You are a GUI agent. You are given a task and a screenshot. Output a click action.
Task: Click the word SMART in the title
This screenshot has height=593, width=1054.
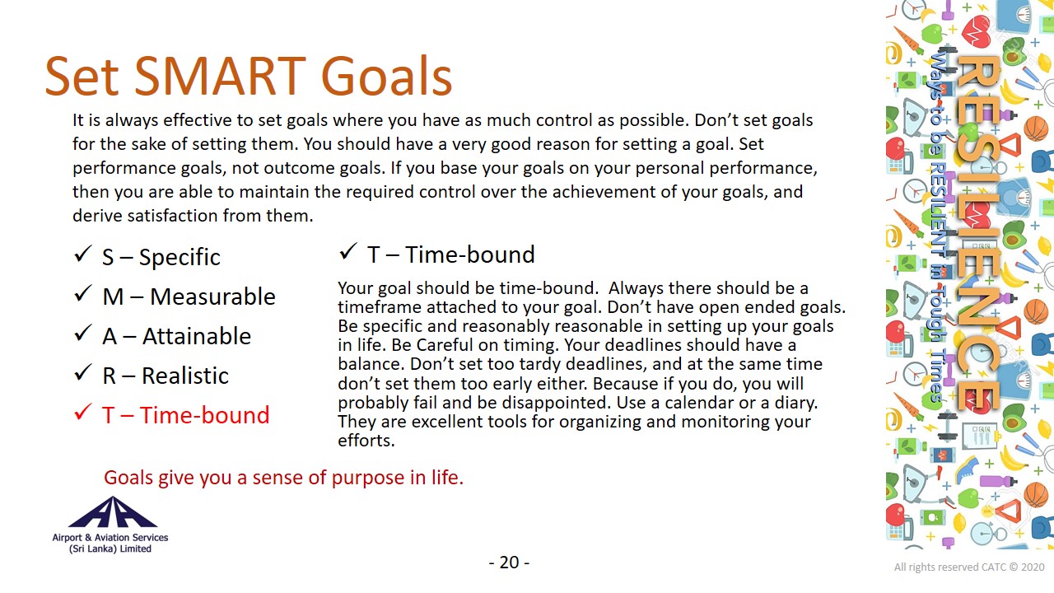[x=220, y=77]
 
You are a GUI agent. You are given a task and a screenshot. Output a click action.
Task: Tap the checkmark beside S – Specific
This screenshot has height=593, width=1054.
[x=82, y=254]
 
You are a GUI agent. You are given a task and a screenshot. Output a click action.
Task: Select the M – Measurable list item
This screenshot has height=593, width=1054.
[x=189, y=296]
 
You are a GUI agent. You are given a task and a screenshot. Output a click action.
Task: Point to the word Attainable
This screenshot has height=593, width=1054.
[x=197, y=336]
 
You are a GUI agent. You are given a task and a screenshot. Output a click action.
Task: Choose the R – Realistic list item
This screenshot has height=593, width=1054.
[x=166, y=376]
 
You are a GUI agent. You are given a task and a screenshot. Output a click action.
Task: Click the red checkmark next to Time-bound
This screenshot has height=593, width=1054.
[x=82, y=413]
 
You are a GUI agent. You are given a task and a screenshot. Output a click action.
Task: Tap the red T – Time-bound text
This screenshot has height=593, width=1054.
[x=186, y=415]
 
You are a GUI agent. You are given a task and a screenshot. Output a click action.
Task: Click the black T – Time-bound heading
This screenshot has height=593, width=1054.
[x=450, y=254]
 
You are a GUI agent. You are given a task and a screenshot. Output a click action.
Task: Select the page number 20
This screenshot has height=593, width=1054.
[x=509, y=563]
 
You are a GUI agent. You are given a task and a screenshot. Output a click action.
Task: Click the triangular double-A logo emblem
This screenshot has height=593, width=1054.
[x=112, y=512]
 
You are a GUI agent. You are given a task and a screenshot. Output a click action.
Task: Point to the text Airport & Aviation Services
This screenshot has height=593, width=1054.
[x=110, y=538]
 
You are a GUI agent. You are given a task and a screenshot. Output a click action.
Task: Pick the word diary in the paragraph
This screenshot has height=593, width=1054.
[x=796, y=403]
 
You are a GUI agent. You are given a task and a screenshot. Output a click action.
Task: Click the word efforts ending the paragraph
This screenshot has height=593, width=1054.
[x=366, y=441]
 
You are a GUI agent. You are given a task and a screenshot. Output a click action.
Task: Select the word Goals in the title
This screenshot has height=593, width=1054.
[x=386, y=77]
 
